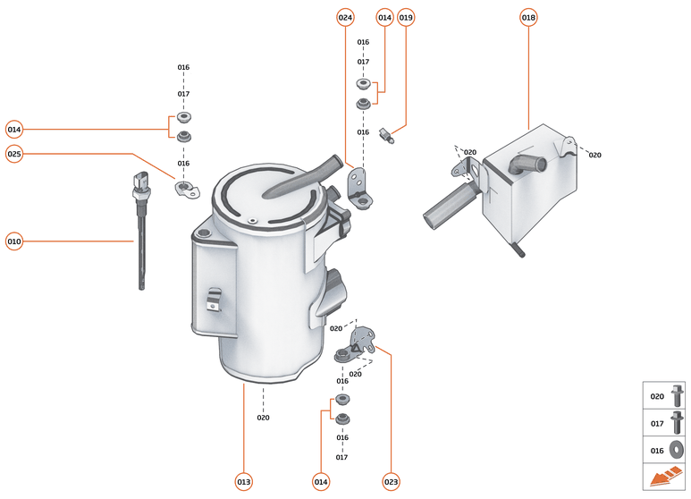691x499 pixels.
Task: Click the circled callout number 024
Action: tap(346, 17)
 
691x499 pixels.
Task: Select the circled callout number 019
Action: tap(407, 17)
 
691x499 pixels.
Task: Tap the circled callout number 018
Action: tap(528, 17)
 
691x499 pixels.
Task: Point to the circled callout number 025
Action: tap(14, 154)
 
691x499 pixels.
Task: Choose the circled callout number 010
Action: tap(14, 241)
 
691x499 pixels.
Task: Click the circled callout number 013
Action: tap(243, 482)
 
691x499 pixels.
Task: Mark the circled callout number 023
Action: tap(391, 482)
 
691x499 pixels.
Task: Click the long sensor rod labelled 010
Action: tap(139, 241)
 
